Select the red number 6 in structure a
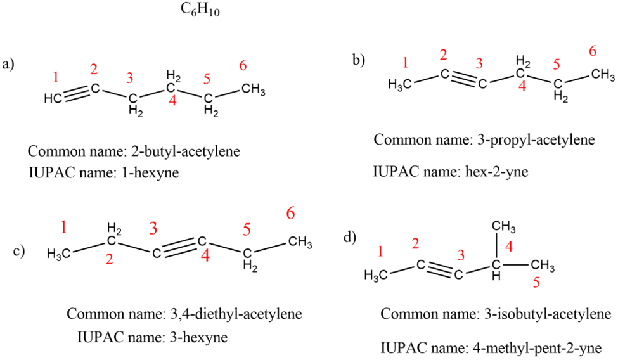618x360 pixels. [x=244, y=65]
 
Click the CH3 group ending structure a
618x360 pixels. [x=253, y=89]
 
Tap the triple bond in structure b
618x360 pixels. [x=463, y=79]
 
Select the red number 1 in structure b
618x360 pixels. [x=406, y=62]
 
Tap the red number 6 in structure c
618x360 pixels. [x=290, y=214]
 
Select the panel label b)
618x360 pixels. [x=359, y=60]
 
